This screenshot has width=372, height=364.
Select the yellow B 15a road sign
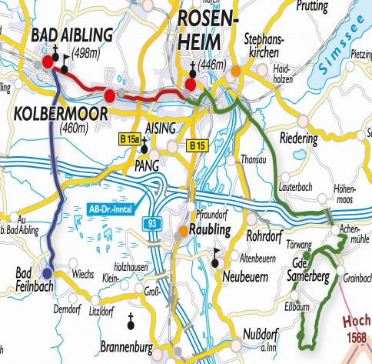130,139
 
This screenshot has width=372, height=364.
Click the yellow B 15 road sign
197,144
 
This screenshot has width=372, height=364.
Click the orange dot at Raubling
183,230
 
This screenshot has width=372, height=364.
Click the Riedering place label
300,141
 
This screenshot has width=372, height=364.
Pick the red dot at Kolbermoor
109,95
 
